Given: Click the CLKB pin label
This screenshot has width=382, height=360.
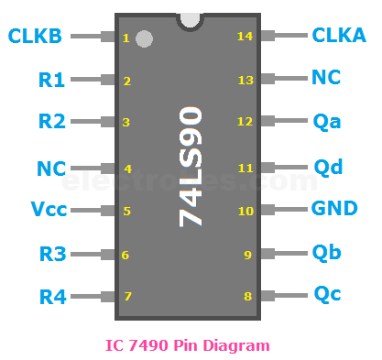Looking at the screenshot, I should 36,37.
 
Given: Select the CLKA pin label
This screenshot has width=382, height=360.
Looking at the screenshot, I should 338,36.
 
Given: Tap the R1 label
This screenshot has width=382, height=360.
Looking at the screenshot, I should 51,81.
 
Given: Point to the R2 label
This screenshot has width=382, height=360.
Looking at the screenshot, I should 51,122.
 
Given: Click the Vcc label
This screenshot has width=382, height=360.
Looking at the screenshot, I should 48,210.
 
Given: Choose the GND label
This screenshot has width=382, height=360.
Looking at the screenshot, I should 334,209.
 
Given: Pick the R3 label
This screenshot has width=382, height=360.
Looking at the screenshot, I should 51,254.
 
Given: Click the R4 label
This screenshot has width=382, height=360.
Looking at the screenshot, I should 51,297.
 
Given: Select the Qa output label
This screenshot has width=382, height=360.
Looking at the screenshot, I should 326,122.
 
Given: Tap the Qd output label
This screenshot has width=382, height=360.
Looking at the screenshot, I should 327,167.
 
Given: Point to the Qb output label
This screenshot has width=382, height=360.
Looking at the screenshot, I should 326,252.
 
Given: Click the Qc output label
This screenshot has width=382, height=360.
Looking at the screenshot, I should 326,294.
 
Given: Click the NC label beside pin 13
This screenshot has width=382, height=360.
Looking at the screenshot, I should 327,78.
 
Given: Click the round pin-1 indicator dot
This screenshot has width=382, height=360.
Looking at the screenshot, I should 144,38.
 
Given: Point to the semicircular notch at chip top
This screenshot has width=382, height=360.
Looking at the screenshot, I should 190,19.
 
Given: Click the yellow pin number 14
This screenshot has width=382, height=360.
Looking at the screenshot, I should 244,37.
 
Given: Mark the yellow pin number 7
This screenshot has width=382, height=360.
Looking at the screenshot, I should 127,297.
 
